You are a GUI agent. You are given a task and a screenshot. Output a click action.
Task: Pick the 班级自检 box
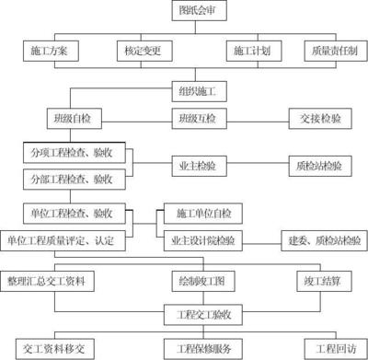70,118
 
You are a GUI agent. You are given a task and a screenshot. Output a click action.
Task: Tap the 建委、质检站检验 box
321,240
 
